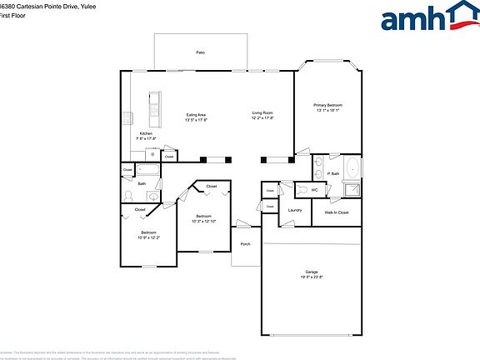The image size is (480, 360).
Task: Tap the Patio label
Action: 201,52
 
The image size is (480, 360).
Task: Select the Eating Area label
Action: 196,114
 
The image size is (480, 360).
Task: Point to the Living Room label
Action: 262,112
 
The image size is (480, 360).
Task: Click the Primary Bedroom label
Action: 327,105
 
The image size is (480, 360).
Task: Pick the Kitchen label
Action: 146,133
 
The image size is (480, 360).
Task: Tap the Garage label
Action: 311,272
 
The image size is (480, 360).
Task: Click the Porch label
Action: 245,244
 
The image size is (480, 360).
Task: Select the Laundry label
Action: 295,210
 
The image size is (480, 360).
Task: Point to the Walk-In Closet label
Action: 337,212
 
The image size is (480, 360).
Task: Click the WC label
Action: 314,190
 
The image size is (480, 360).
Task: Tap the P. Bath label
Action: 333,173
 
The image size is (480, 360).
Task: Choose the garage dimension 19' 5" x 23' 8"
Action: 311,277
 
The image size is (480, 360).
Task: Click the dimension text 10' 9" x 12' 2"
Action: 148,237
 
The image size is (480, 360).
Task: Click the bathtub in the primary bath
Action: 353,167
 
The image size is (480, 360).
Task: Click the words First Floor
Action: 12,15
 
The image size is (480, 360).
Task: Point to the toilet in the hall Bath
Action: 127,194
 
